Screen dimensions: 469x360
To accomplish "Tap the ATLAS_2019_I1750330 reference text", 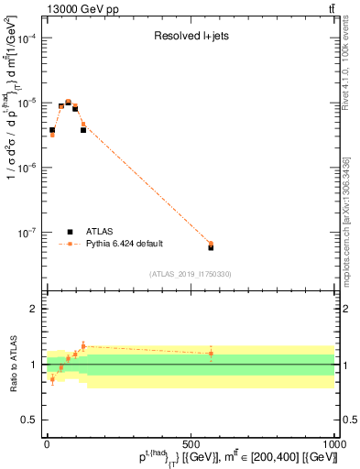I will (190, 274).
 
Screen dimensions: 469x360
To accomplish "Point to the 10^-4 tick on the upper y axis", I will (27, 38).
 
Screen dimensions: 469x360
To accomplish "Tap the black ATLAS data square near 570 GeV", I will (211, 247).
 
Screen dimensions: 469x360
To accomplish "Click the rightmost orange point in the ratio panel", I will (211, 353).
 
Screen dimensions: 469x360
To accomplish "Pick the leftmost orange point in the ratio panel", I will (52, 379).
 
